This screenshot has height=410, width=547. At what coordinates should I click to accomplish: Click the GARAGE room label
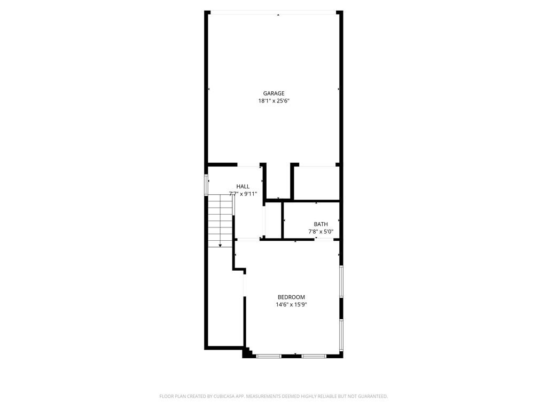pos(273,93)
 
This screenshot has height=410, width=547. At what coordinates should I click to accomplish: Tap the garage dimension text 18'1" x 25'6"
pos(274,101)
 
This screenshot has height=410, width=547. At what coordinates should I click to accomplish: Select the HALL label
pos(243,186)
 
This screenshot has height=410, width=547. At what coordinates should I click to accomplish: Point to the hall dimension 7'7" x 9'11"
pos(243,194)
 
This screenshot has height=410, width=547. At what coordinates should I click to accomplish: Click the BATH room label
pos(321,224)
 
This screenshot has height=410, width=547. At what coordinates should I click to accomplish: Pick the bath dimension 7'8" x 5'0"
pos(321,232)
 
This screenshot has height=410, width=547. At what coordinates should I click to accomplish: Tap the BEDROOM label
pos(291,297)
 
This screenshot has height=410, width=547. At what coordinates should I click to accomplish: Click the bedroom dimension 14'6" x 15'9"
pos(291,305)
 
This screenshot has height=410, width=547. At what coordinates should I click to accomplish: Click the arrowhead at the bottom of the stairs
pos(220,246)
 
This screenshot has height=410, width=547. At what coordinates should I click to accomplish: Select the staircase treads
pos(220,220)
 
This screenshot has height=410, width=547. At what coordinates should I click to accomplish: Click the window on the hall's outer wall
pos(206,185)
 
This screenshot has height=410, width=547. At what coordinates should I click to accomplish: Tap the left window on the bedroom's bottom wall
pos(269,356)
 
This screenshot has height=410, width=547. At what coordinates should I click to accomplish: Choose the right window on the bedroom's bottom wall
pos(314,356)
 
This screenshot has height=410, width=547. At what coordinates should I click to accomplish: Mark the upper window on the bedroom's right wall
pos(341,281)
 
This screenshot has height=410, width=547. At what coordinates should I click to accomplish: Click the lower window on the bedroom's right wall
pos(341,335)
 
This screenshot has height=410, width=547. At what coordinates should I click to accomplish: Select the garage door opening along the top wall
pos(273,13)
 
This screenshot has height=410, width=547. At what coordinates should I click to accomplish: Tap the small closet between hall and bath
pos(273,220)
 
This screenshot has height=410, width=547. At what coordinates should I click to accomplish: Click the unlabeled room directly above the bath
pos(317,183)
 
